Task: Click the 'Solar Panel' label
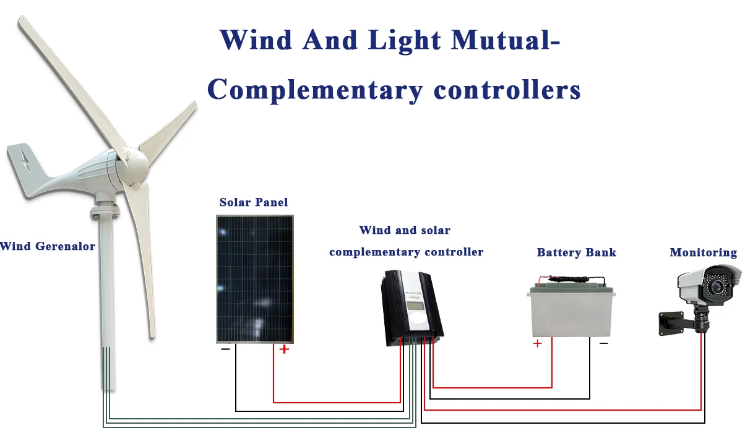pyautogui.click(x=254, y=202)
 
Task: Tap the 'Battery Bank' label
pyautogui.click(x=576, y=252)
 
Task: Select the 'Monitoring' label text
pyautogui.click(x=704, y=252)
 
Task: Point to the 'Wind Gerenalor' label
pyautogui.click(x=48, y=246)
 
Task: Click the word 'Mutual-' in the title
pyautogui.click(x=506, y=40)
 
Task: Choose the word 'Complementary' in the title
pyautogui.click(x=315, y=90)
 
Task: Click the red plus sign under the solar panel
pyautogui.click(x=284, y=349)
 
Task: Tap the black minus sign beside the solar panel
pyautogui.click(x=225, y=349)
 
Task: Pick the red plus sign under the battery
pyautogui.click(x=537, y=343)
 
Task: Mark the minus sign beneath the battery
pyautogui.click(x=604, y=343)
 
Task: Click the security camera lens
pyautogui.click(x=716, y=286)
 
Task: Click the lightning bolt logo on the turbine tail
pyautogui.click(x=24, y=160)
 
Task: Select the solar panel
pyautogui.click(x=255, y=279)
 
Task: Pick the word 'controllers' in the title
pyautogui.click(x=507, y=90)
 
